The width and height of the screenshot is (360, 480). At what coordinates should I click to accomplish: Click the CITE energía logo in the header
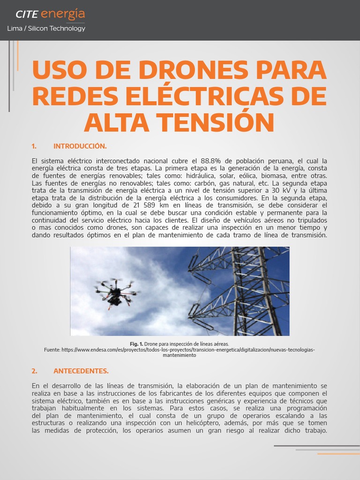click(50, 15)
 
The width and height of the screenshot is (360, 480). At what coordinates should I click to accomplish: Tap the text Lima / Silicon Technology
click(46, 29)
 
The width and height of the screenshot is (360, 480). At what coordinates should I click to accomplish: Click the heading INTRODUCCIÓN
click(80, 146)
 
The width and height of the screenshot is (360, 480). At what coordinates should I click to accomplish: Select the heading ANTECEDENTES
click(81, 371)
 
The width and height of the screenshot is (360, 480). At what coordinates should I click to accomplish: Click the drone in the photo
click(115, 293)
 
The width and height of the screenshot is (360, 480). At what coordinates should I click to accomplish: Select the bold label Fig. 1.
click(136, 344)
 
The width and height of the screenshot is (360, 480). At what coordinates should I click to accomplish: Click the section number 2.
click(34, 371)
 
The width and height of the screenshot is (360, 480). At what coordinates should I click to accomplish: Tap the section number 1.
click(34, 146)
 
